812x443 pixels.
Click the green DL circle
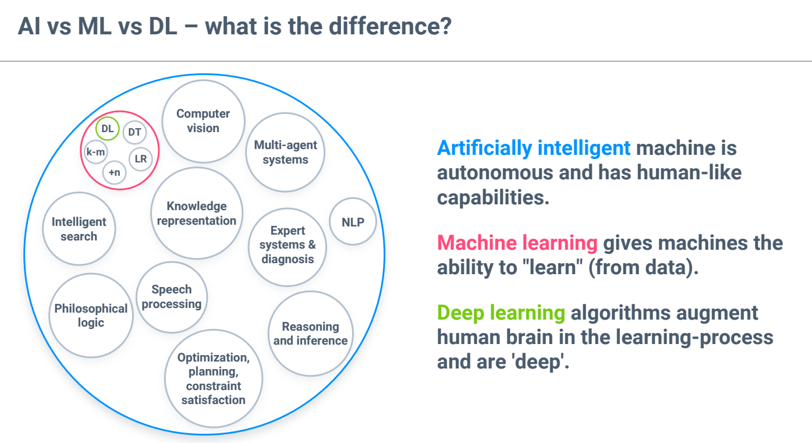[108, 129]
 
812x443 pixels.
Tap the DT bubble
[134, 132]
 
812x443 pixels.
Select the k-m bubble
[95, 152]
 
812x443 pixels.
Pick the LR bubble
[141, 159]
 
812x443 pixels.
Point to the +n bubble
[115, 172]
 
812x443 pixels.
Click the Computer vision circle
[203, 121]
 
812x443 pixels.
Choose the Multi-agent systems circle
[285, 153]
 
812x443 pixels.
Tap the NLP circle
[353, 221]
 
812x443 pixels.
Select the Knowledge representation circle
[197, 213]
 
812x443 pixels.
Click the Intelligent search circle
[79, 229]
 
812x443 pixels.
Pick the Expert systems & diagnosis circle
[288, 247]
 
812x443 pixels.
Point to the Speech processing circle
[172, 297]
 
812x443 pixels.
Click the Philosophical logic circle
[91, 316]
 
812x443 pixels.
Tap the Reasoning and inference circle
[311, 334]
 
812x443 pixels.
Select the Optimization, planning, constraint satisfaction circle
[214, 378]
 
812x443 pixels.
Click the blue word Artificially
[485, 148]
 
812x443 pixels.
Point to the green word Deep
[460, 313]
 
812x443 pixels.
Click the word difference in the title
[389, 26]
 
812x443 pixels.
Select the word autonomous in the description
[495, 172]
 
